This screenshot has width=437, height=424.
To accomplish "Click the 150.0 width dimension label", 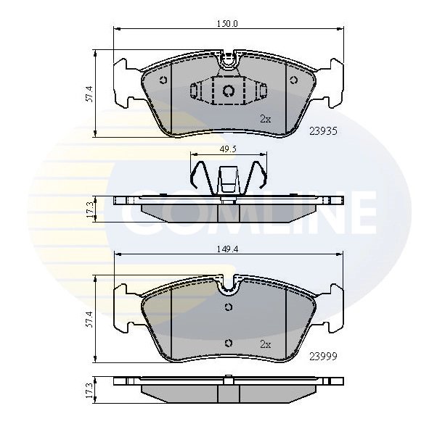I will (229, 23).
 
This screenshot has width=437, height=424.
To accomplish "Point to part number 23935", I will (323, 131).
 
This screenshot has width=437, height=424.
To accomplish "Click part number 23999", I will (323, 356).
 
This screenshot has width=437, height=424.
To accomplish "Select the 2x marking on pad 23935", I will (265, 118).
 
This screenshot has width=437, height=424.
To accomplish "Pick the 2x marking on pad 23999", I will (265, 344).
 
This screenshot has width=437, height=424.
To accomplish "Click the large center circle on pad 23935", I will (228, 91).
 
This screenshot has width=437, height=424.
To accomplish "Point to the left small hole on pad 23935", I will (163, 80).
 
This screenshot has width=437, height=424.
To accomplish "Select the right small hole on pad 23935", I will (294, 80).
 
